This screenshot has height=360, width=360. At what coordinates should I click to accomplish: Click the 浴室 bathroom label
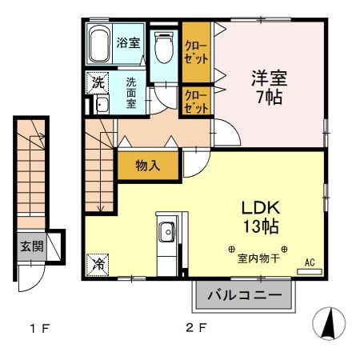tap(129, 42)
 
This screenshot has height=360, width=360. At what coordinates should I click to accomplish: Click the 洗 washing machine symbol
tap(98, 82)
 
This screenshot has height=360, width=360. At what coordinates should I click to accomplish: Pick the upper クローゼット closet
tap(195, 51)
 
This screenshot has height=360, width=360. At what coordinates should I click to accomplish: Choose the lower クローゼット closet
tap(195, 102)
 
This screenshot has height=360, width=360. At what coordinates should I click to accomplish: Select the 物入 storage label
tap(146, 166)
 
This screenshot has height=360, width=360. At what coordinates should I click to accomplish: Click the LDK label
tap(261, 207)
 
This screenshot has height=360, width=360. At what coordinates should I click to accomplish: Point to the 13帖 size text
tap(261, 227)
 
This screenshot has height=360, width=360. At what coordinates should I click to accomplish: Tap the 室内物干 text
tap(258, 259)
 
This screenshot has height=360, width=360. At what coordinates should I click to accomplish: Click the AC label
tap(309, 261)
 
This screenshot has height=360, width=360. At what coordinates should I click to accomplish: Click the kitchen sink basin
tap(167, 234)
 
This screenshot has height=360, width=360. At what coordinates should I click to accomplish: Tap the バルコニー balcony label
tap(244, 296)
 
